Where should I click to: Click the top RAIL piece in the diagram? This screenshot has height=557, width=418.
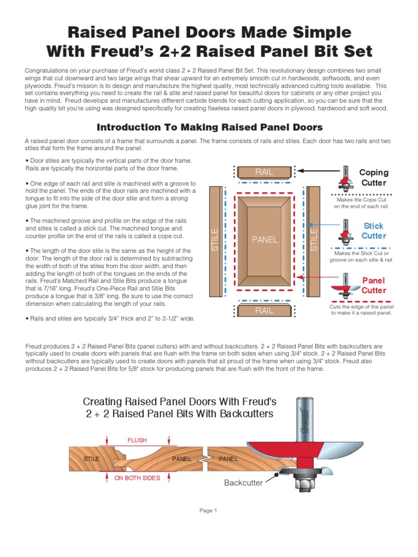tap(264, 172)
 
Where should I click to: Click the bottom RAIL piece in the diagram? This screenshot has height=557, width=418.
tap(264, 311)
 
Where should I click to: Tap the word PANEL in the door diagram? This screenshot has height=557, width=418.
tap(265, 240)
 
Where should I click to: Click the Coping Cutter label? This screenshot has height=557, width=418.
tap(374, 178)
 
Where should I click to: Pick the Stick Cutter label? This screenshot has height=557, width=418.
tap(374, 231)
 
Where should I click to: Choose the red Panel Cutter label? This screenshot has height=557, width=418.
tap(374, 285)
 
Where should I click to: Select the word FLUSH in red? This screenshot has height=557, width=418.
tap(137, 440)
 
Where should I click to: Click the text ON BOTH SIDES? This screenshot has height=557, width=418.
tap(137, 478)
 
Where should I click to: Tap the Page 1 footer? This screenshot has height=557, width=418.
tap(208, 510)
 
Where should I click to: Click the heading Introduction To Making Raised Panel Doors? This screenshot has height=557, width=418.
tap(209, 127)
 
